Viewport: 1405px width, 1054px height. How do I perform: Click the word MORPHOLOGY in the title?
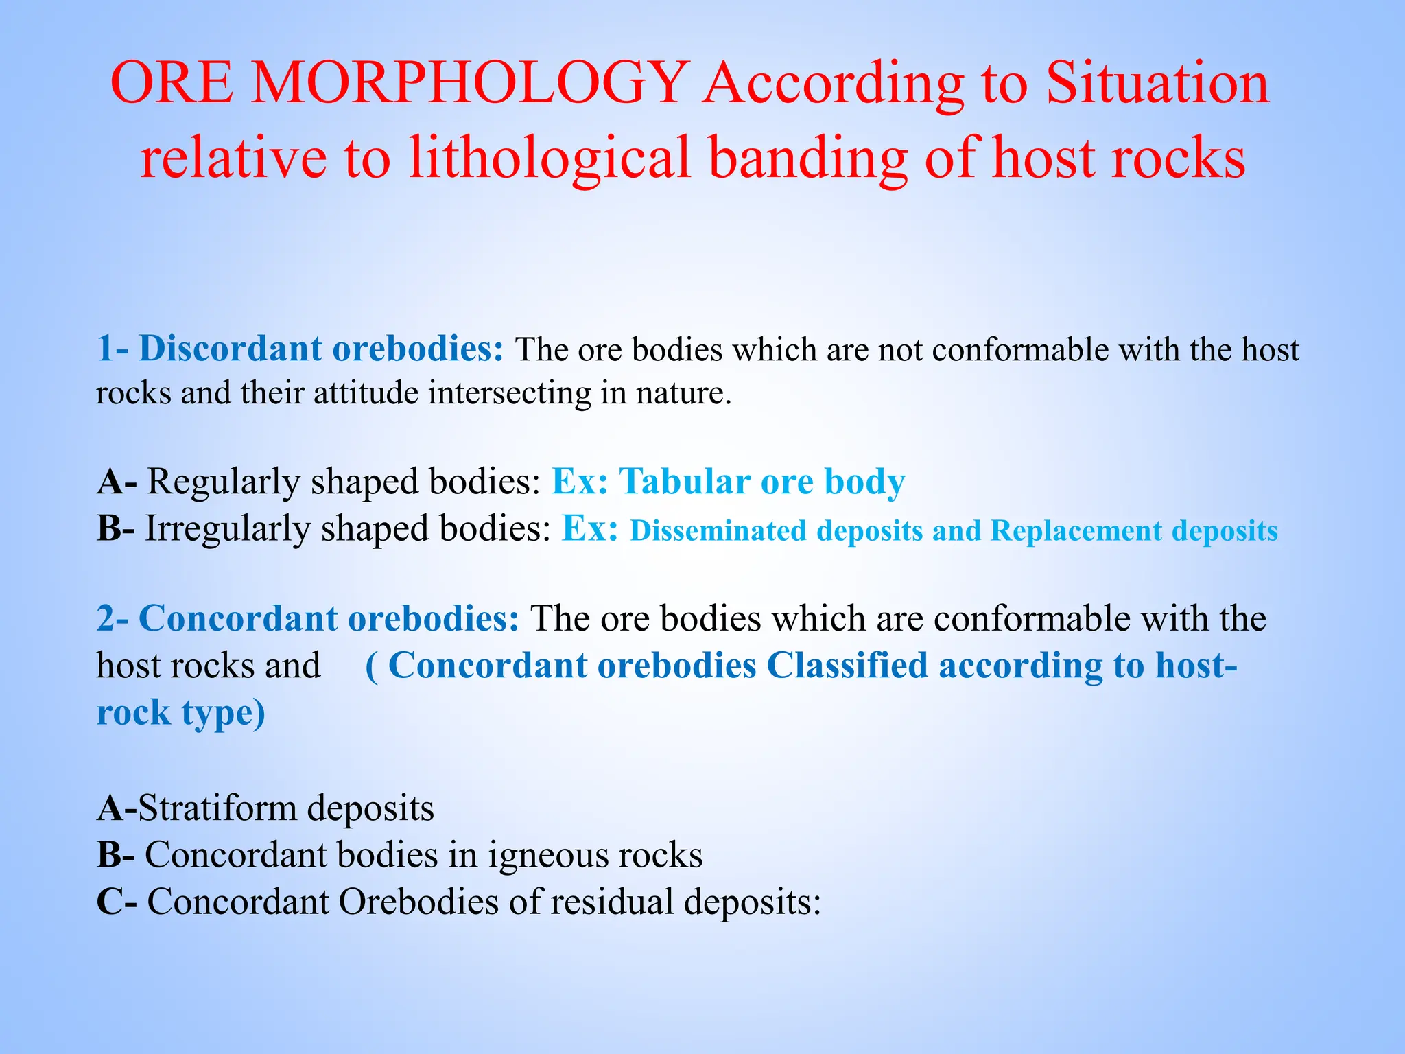[x=470, y=83]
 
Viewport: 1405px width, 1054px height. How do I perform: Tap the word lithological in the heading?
[x=550, y=158]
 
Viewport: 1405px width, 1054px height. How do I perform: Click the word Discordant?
[x=228, y=349]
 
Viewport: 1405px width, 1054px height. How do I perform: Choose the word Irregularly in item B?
[x=227, y=529]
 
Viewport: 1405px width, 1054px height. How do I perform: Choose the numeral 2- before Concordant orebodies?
[x=112, y=618]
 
